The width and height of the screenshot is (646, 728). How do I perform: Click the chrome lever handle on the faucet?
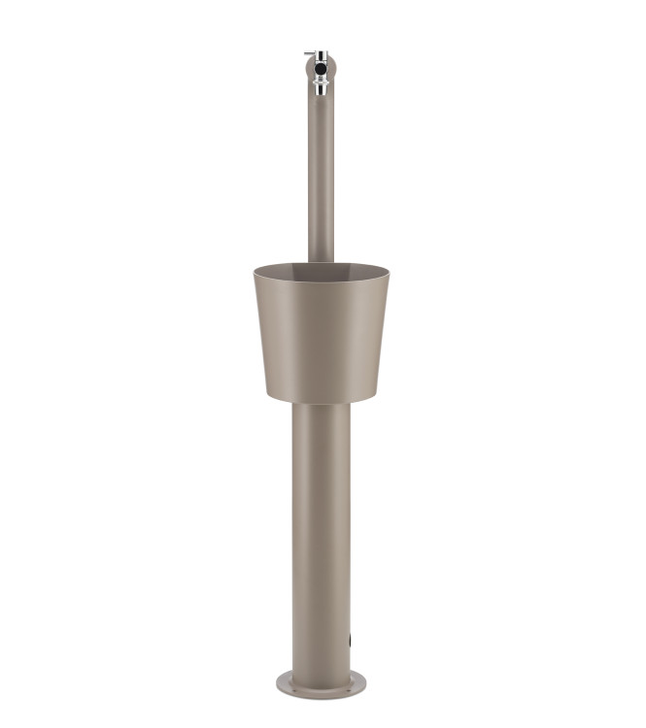[310, 53]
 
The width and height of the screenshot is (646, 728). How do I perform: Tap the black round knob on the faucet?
[320, 70]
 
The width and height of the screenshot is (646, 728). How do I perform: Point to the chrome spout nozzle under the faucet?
[320, 90]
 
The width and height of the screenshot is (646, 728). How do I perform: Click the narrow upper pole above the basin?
[321, 175]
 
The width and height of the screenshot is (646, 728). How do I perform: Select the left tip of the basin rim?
[255, 271]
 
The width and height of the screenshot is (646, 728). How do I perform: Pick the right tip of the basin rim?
[389, 271]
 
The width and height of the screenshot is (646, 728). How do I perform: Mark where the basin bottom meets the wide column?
[322, 402]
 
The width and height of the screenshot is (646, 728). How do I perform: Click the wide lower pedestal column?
[322, 534]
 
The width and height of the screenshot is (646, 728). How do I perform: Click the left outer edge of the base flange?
[278, 683]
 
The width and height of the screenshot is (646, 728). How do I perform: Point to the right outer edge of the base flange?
[367, 683]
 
